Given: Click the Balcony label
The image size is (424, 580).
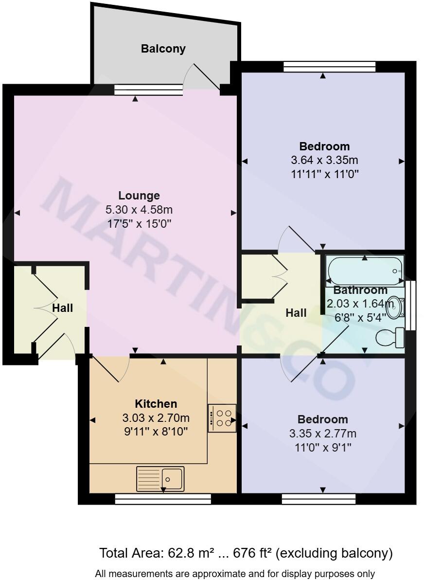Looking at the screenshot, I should pos(163,49).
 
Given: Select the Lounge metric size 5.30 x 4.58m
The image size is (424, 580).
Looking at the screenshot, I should pos(139,210).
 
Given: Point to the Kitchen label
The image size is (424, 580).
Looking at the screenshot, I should pos(156,404).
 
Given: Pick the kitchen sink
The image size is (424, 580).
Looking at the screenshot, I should pos(161,478).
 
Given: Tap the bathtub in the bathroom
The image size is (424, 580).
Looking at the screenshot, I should pos(365,271).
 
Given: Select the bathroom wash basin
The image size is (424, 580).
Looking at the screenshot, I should pos(397,307).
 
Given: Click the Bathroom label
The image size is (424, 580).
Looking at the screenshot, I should pos(360,290).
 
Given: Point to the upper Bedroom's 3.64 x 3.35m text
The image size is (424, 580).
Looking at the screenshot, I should pos(324,160).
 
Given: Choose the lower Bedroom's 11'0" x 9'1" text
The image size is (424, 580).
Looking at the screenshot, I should pos(323,447).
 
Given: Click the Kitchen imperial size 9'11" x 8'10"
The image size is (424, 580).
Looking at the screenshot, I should pos(156,432).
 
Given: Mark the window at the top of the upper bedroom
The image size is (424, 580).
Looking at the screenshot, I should pos(330,67).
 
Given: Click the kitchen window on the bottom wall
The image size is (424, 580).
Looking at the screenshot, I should pos(163,498).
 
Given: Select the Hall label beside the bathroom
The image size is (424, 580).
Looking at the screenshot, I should pos(296,313).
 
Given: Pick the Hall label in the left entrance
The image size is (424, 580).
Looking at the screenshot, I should pos(63,308).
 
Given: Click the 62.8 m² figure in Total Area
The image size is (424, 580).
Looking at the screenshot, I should pos(179,553).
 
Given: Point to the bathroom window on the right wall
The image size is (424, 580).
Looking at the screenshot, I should pos(412,306).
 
